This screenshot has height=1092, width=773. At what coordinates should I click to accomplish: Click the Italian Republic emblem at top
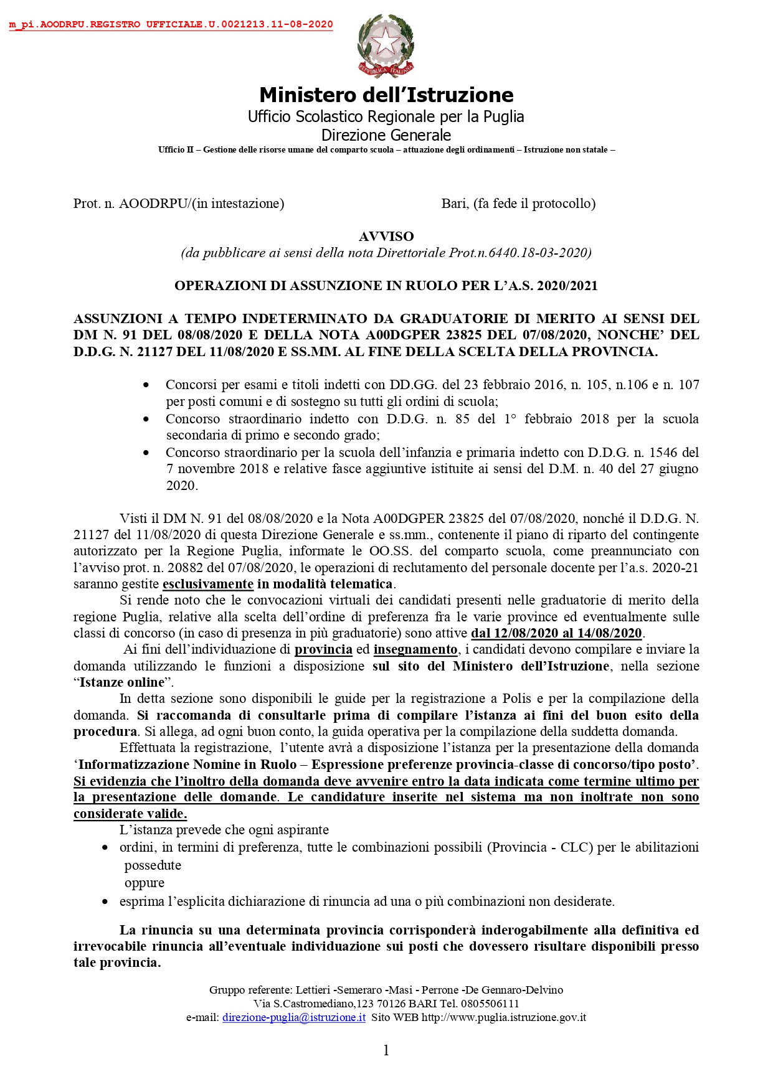pos(386,46)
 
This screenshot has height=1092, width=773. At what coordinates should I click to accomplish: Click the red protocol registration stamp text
pos(171,25)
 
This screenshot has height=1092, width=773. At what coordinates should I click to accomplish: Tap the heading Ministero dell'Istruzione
pos(386,95)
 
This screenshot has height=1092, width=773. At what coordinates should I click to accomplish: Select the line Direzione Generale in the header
pos(386,135)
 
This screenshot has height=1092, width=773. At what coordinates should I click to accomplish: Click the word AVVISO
pos(386,237)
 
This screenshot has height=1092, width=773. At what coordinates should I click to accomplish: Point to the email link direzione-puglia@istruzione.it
pos(293,1017)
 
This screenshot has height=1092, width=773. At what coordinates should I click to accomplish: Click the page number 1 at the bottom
pos(386,1051)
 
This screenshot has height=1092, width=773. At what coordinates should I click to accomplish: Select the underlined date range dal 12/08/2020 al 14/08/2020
pos(556,633)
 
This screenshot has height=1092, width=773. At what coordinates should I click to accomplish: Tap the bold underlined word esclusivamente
pos(208,584)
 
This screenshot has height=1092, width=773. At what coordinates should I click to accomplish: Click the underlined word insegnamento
pos(415,649)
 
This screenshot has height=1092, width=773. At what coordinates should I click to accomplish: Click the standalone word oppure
pos(145,883)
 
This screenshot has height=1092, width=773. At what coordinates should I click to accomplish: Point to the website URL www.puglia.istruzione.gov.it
pos(504,1017)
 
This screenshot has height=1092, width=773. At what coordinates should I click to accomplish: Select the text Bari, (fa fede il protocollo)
pos(518,204)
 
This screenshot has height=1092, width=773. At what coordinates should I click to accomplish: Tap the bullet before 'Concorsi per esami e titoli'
pos(146,385)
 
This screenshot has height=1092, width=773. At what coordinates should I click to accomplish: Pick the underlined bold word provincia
pos(323,649)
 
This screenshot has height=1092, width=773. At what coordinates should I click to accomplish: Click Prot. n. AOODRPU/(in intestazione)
pos(179,204)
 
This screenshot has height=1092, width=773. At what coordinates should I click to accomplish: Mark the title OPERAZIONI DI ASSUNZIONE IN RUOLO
pos(386,286)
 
